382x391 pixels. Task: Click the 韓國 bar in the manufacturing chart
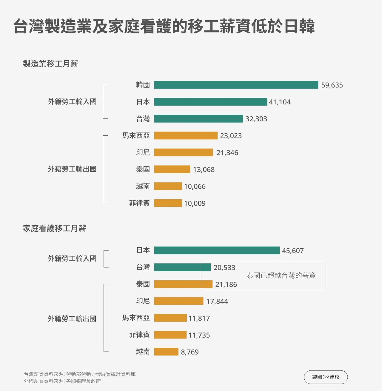[236, 85]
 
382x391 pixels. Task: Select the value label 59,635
[332, 85]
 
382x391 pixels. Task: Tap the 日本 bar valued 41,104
[210, 102]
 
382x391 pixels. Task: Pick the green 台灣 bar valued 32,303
[198, 119]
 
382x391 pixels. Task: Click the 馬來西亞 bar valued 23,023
[186, 136]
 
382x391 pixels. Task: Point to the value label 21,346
[227, 153]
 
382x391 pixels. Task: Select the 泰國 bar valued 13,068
[172, 169]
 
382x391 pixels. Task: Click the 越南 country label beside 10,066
[143, 186]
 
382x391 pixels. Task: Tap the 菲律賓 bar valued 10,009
[168, 203]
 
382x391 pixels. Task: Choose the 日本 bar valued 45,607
[217, 251]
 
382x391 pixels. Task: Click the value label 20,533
[224, 268]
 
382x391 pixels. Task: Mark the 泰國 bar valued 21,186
[183, 284]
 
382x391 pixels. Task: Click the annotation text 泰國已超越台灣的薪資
[281, 276]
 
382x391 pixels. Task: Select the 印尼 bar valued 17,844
[179, 301]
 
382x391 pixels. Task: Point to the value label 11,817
[199, 318]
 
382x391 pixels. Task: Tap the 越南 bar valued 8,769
[166, 352]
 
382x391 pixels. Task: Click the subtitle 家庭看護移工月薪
[55, 228]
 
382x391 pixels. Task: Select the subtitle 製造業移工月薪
[51, 64]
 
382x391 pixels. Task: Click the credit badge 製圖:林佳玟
[326, 377]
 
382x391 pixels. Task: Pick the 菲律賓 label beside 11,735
[139, 335]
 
